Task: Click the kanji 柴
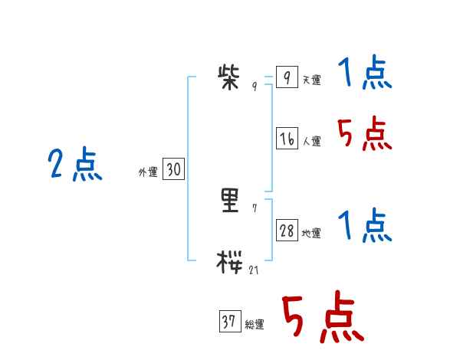click(x=230, y=77)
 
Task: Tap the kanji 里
click(x=230, y=201)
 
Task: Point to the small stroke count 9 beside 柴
click(x=255, y=87)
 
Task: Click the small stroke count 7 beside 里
click(x=255, y=208)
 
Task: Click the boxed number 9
click(x=286, y=78)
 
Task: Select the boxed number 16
click(x=287, y=139)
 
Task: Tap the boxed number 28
click(x=287, y=231)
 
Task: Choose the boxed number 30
click(x=173, y=170)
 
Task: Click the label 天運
click(x=311, y=80)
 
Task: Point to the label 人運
click(x=311, y=142)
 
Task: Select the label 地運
click(x=311, y=234)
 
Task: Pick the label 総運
click(x=255, y=326)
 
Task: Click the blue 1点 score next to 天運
click(x=365, y=75)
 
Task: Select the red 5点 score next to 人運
click(x=365, y=136)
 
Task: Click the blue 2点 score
click(x=75, y=165)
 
